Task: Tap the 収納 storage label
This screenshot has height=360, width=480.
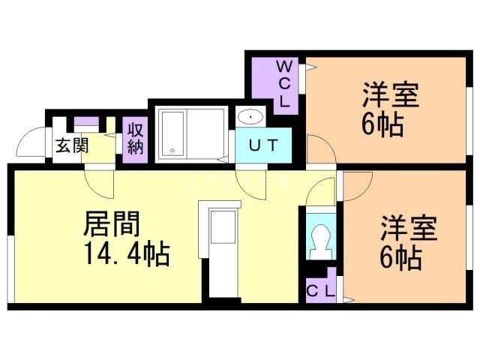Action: pyautogui.click(x=135, y=138)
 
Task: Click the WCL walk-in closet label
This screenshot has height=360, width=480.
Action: pyautogui.click(x=286, y=83)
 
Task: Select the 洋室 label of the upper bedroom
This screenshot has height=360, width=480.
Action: pyautogui.click(x=390, y=96)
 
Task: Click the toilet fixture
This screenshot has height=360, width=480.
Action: pyautogui.click(x=320, y=240)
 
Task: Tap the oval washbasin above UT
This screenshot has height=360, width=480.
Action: pyautogui.click(x=249, y=118)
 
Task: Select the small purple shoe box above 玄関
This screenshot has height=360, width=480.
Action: pyautogui.click(x=84, y=121)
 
